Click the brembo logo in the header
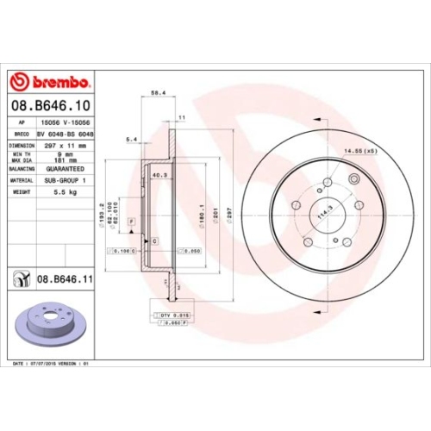click(x=50, y=82)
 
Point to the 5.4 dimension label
click(x=132, y=138)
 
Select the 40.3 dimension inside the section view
click(x=159, y=174)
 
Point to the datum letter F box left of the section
click(x=131, y=222)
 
